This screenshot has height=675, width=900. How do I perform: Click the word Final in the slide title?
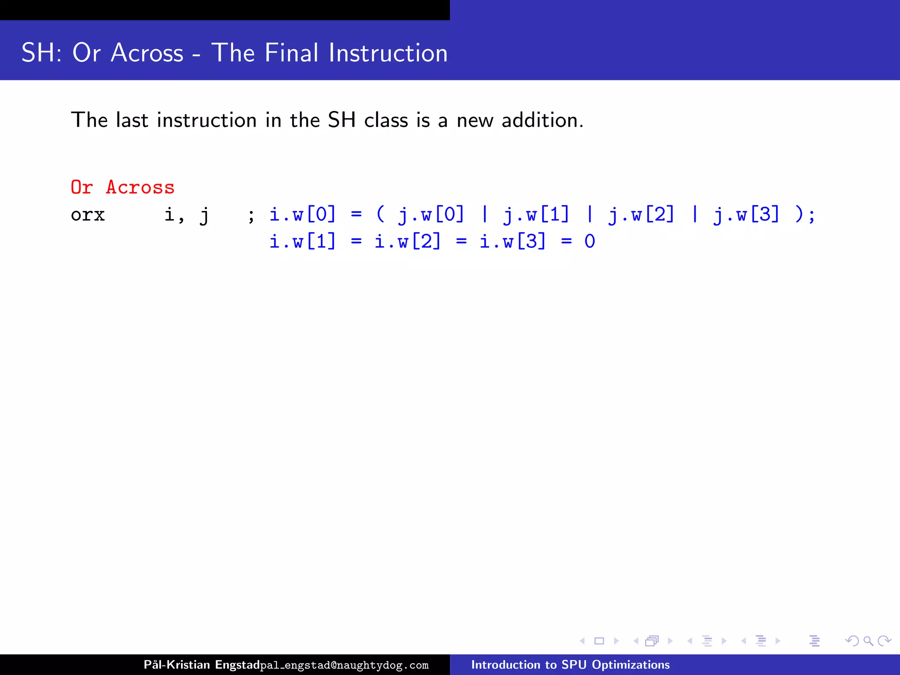pyautogui.click(x=291, y=53)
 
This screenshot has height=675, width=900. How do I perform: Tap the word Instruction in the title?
pyautogui.click(x=388, y=53)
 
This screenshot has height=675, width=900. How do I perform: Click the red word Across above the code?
pyautogui.click(x=140, y=188)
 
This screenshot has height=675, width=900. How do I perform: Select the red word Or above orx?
pyautogui.click(x=82, y=188)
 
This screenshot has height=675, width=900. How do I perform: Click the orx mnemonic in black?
pyautogui.click(x=88, y=215)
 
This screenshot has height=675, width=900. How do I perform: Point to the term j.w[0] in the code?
pyautogui.click(x=431, y=215)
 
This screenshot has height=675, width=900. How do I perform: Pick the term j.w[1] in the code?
pyautogui.click(x=536, y=215)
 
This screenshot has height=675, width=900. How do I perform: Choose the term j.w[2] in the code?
pyautogui.click(x=641, y=215)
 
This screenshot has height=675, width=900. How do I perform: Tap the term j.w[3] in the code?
pyautogui.click(x=746, y=215)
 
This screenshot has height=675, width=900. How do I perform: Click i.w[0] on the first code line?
pyautogui.click(x=302, y=215)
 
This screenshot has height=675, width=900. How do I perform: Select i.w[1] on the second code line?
pyautogui.click(x=302, y=242)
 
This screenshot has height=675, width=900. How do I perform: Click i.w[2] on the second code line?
pyautogui.click(x=407, y=242)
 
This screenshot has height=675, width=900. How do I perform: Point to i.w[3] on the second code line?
pyautogui.click(x=512, y=242)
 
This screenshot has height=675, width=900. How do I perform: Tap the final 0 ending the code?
pyautogui.click(x=590, y=242)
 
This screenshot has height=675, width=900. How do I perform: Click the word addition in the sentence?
pyautogui.click(x=542, y=120)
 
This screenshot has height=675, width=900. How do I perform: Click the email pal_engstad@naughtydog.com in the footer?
pyautogui.click(x=344, y=665)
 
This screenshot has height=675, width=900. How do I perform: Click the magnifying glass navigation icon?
pyautogui.click(x=868, y=641)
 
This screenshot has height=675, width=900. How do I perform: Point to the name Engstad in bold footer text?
pyautogui.click(x=237, y=665)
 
